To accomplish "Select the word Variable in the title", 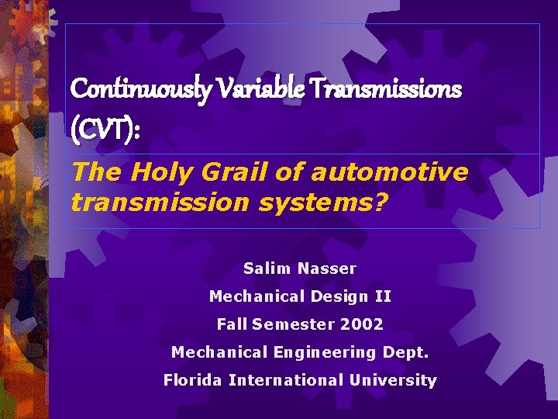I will tap(246, 88).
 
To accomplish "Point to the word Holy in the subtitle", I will tap(155, 172).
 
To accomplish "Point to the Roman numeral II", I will tap(383, 296).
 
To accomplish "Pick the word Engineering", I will tap(325, 352).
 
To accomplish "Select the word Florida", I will tap(193, 380).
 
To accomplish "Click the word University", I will tap(394, 380).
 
